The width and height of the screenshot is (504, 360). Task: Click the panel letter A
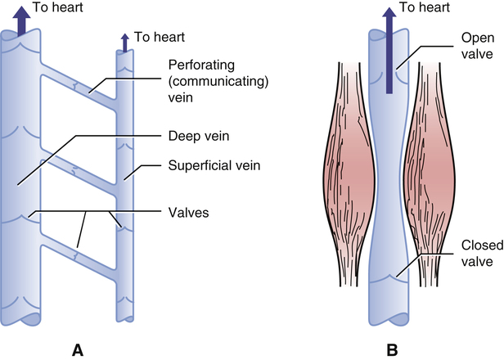point(78,350)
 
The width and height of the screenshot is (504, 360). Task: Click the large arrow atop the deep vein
point(20,21)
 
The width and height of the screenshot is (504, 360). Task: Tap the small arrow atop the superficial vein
point(124,41)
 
